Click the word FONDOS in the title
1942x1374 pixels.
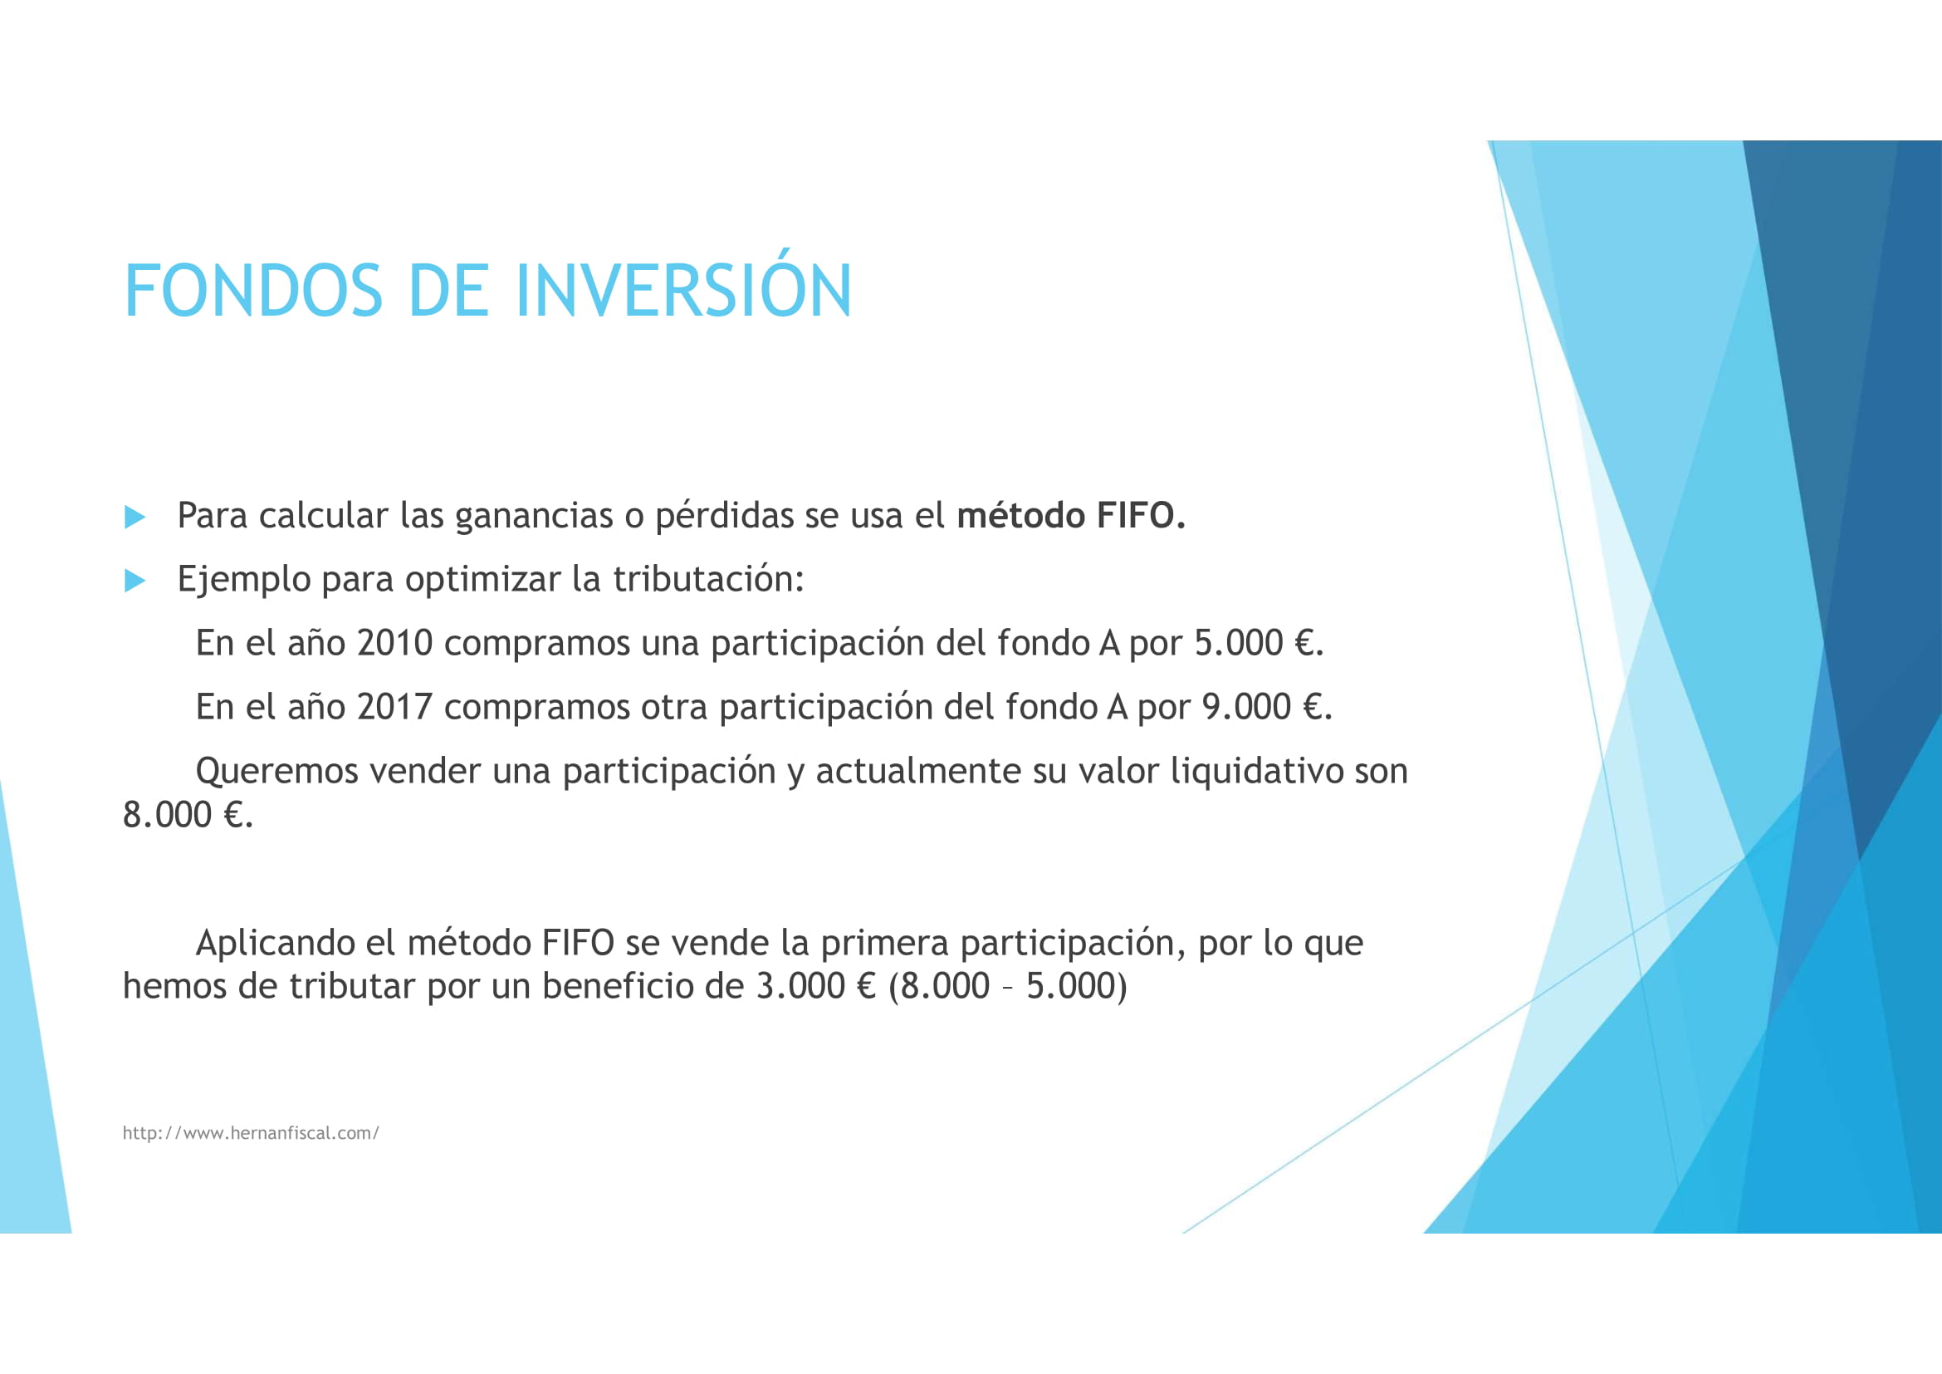point(253,291)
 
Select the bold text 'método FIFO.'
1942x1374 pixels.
point(1071,515)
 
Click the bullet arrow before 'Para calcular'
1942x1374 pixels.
point(135,517)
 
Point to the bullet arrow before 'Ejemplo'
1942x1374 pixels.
point(135,581)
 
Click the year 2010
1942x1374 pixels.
point(394,643)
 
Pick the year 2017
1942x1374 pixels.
point(394,706)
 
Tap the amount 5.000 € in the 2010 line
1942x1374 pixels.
point(1257,643)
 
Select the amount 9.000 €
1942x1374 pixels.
point(1265,706)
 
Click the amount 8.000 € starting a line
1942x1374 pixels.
point(187,815)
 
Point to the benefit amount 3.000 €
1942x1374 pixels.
point(815,986)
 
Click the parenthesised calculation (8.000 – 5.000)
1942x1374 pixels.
point(1007,986)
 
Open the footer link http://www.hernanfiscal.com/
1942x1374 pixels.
point(251,1133)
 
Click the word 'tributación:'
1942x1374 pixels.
point(708,580)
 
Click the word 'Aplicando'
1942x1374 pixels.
point(275,943)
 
